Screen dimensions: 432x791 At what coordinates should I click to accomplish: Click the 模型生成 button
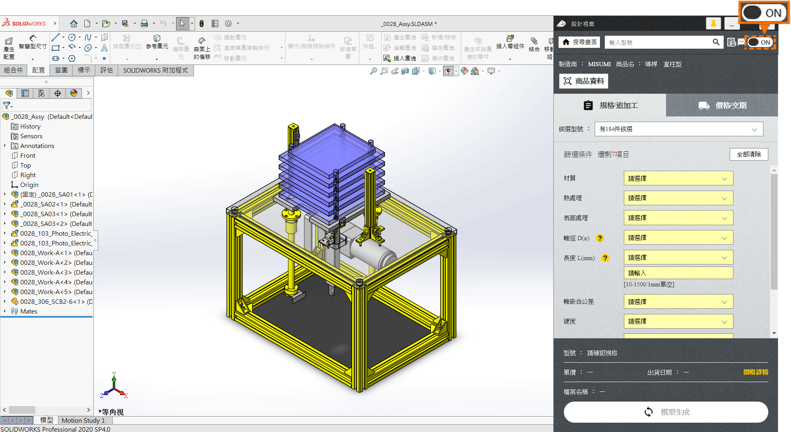[x=666, y=412]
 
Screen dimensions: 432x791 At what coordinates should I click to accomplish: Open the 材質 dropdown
[x=678, y=178]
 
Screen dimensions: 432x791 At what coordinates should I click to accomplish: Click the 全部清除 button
[x=748, y=155]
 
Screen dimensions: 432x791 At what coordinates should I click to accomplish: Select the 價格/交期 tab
[x=722, y=105]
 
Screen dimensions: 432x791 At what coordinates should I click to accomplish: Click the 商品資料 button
[x=584, y=81]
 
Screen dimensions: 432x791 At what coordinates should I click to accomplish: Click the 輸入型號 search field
[x=659, y=42]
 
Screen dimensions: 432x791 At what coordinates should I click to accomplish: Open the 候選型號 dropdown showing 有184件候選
[x=678, y=129]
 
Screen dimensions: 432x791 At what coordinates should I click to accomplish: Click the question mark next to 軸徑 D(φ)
[x=600, y=238]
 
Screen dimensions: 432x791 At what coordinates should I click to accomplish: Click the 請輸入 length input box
[x=678, y=273]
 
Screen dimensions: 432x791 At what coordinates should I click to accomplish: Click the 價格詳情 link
[x=755, y=372]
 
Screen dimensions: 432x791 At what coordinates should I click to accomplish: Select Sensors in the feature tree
[x=31, y=136]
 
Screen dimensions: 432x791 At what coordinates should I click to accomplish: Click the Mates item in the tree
[x=28, y=312]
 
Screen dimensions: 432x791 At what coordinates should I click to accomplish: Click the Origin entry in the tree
[x=29, y=185]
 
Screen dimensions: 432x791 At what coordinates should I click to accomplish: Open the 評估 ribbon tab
[x=107, y=71]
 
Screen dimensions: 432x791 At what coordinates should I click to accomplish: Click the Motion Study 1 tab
[x=83, y=421]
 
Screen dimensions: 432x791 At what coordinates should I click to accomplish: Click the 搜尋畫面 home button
[x=580, y=42]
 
